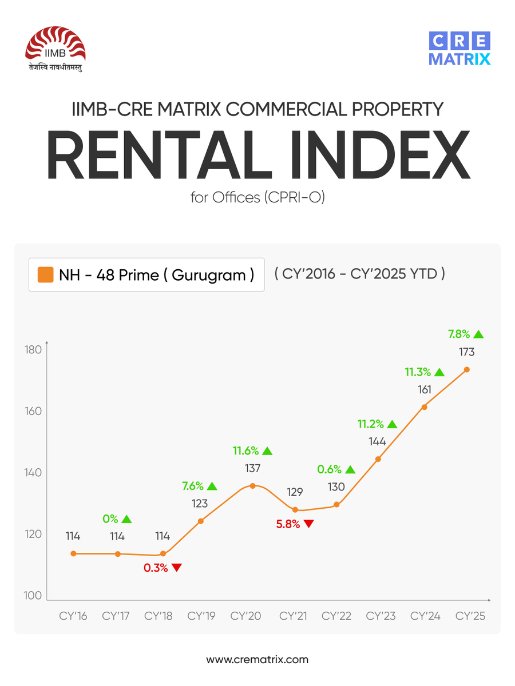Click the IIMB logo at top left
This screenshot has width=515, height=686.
tap(56, 50)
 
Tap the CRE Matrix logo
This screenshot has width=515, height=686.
tap(459, 50)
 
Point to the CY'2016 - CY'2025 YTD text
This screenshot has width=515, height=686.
tap(359, 273)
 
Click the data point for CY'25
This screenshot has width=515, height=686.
tap(466, 370)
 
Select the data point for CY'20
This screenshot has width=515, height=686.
tap(252, 486)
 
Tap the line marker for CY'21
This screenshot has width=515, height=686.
tap(295, 510)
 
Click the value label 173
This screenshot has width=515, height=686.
tap(466, 353)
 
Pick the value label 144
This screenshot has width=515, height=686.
tap(378, 442)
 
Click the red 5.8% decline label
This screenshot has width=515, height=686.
tap(288, 524)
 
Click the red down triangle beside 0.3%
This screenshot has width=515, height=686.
tap(176, 568)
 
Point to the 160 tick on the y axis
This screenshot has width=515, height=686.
tap(34, 412)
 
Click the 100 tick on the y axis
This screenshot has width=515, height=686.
tap(34, 596)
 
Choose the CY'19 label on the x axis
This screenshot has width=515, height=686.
tap(201, 616)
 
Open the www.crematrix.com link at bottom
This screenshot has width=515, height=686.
tap(257, 659)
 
